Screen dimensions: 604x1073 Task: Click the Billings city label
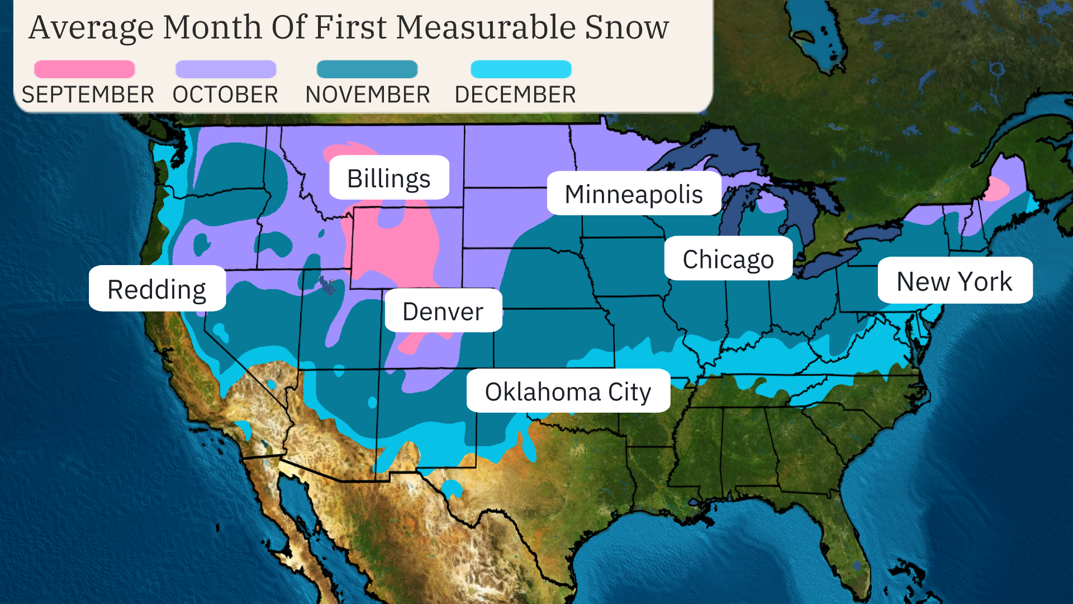click(x=389, y=178)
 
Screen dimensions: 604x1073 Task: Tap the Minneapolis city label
click(x=634, y=194)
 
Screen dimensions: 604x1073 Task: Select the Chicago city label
click(x=728, y=258)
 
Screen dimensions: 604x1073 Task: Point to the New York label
click(x=955, y=281)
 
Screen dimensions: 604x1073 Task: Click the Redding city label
click(x=157, y=289)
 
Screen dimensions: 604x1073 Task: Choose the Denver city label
click(x=443, y=311)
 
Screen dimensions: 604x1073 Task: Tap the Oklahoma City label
click(x=568, y=391)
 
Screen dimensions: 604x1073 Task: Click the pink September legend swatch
click(x=84, y=69)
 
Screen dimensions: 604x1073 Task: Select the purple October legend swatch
click(x=226, y=69)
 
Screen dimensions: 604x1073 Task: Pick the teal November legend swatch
click(x=367, y=69)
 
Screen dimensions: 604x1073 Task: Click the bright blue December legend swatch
click(x=521, y=69)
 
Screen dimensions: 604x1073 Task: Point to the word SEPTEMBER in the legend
click(x=88, y=95)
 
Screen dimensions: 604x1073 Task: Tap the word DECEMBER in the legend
click(x=515, y=95)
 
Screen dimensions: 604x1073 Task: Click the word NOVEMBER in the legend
click(x=368, y=95)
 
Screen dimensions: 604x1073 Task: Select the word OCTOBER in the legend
click(x=225, y=95)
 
